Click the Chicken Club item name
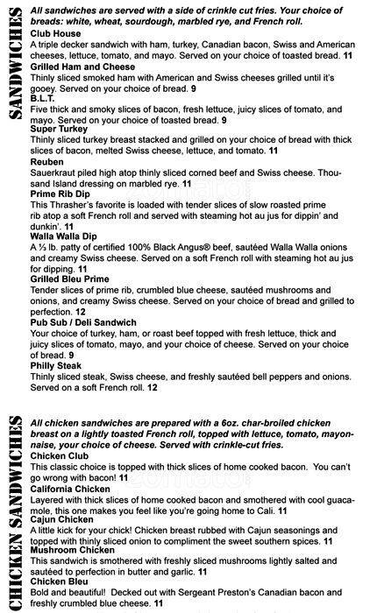coord(61,455)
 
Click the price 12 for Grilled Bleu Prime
coord(80,311)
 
